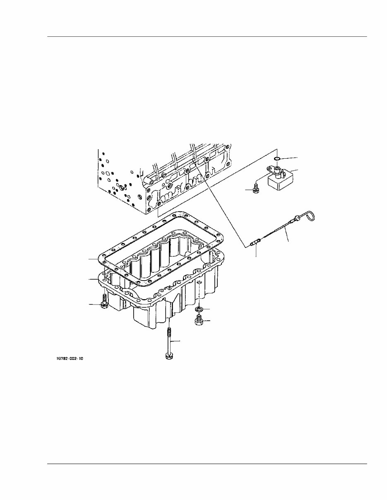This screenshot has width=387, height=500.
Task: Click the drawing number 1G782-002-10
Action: pyautogui.click(x=70, y=359)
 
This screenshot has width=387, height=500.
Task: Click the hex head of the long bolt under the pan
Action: pyautogui.click(x=168, y=355)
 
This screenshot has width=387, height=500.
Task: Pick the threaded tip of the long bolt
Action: pyautogui.click(x=168, y=331)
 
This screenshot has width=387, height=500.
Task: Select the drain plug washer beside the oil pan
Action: pyautogui.click(x=199, y=309)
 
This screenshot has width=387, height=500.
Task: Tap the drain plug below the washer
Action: pyautogui.click(x=199, y=320)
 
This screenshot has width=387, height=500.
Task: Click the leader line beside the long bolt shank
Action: pyautogui.click(x=176, y=341)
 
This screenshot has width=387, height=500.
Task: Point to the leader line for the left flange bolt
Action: pyautogui.click(x=94, y=305)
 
